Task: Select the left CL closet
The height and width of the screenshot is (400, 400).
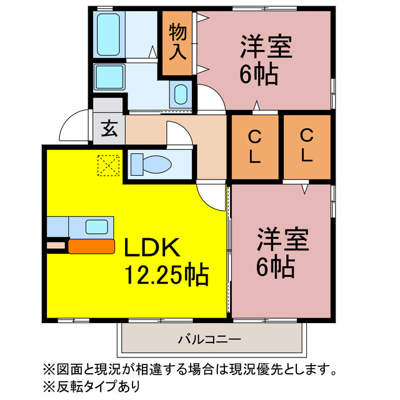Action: [x=254, y=146]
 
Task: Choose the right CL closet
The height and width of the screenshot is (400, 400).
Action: [x=306, y=146]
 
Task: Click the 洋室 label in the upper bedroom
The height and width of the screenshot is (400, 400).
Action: [x=266, y=48]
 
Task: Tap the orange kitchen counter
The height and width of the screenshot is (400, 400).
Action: [x=91, y=246]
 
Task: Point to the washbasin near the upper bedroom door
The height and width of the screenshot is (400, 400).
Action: [x=179, y=94]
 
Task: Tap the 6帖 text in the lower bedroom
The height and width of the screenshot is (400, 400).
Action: [x=275, y=267]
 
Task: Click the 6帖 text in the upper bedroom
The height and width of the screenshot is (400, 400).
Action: [x=259, y=76]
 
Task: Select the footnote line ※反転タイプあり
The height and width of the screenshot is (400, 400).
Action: [x=92, y=385]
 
